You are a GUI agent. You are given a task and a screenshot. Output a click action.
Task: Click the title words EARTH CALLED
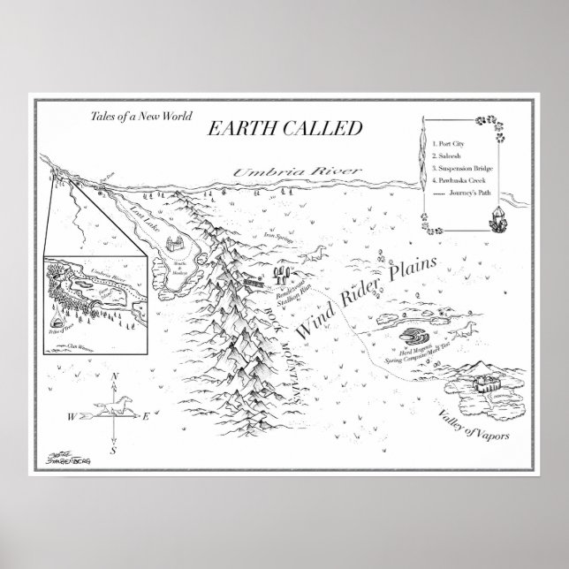284,128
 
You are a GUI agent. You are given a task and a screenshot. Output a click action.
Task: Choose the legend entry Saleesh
452,155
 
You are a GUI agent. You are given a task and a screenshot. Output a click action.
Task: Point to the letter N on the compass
115,377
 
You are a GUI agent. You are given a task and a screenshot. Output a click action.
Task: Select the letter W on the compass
71,414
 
